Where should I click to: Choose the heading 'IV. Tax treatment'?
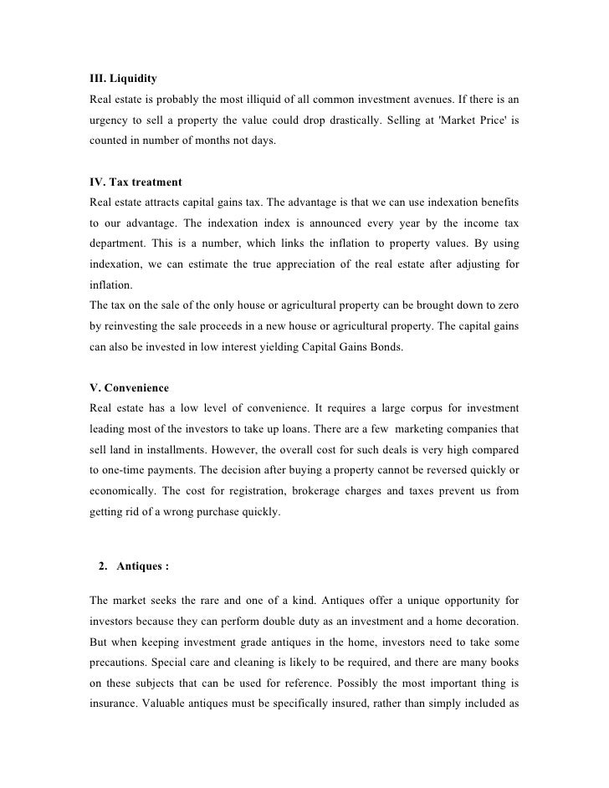pos(135,182)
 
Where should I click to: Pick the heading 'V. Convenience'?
pos(129,388)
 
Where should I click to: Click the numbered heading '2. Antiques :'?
pos(133,566)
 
